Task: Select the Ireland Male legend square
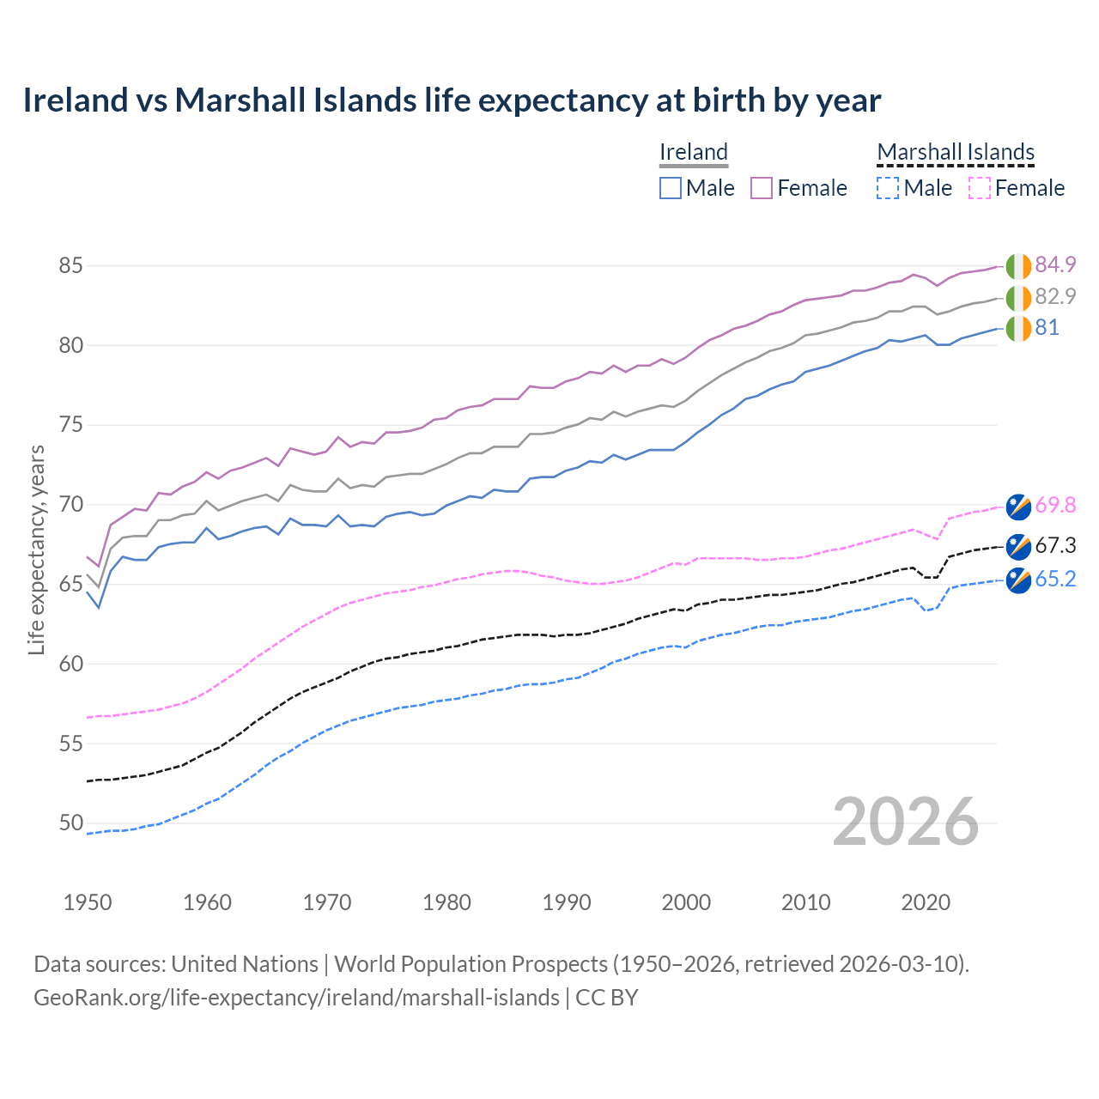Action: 671,188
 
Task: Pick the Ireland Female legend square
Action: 762,188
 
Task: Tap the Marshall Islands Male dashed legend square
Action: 888,188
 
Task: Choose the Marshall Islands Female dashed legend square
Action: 980,188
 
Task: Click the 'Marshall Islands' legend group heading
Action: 956,152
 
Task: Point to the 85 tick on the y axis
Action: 70,266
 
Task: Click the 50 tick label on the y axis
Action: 70,823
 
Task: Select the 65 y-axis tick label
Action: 70,584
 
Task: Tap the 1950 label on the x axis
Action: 88,902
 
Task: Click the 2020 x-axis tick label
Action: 926,902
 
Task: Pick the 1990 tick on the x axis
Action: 567,902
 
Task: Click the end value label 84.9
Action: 1055,264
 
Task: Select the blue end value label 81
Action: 1047,328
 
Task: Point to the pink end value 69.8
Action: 1055,505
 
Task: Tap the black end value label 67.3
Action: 1055,546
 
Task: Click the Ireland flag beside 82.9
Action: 1018,298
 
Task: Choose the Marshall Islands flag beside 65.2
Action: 1018,580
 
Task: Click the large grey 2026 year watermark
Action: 905,822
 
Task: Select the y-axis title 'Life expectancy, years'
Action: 37,549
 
